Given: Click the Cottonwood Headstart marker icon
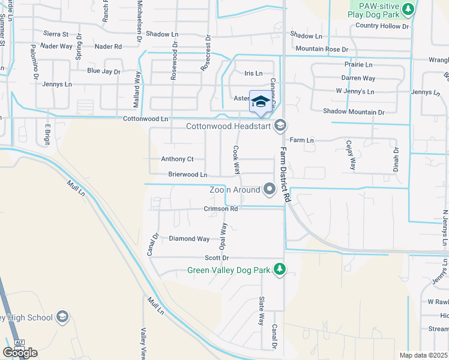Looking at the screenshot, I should [279, 126].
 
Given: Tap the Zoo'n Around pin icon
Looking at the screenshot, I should [270, 190].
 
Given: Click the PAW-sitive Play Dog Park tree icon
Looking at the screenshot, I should [408, 9].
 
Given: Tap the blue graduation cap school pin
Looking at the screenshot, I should [261, 102].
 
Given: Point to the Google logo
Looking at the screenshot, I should [20, 353].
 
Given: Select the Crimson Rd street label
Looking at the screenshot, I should [221, 209].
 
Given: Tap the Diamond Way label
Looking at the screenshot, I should [189, 238].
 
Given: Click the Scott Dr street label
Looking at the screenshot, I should [217, 257].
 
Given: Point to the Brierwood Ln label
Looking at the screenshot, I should [188, 175].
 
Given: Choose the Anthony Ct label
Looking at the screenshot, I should [177, 159].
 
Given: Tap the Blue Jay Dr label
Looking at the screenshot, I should [104, 71].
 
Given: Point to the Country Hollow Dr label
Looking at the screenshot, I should [382, 26].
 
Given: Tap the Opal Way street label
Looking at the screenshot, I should [223, 236].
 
